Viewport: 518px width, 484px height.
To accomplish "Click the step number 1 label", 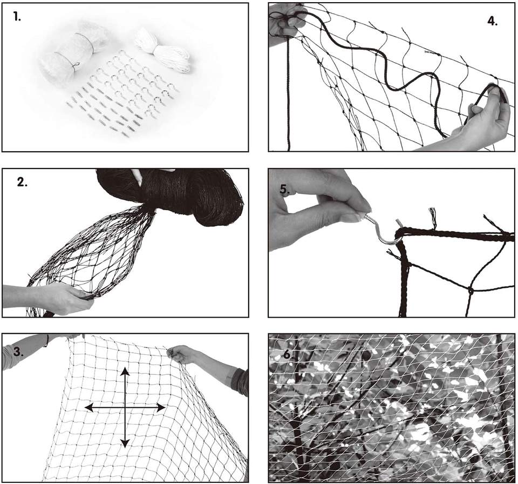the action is click(17, 17).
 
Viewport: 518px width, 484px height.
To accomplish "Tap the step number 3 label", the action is click(18, 352).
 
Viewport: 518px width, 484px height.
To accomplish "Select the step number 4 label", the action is click(493, 21).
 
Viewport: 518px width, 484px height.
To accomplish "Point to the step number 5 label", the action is click(285, 189).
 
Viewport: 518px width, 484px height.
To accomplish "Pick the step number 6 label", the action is click(287, 354).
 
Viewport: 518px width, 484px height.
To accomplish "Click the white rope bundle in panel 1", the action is click(162, 50).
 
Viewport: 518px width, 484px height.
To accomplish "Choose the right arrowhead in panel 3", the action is click(161, 408).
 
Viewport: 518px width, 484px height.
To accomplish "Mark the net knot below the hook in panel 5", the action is click(471, 291).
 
